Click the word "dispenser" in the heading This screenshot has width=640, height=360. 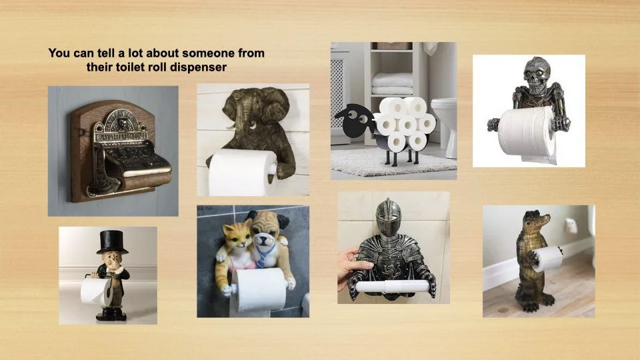click(198, 67)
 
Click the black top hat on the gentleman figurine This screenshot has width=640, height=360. click(111, 241)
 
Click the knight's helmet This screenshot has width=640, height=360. click(388, 217)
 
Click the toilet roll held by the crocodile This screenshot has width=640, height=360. click(547, 259)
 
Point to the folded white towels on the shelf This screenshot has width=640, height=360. click(392, 84)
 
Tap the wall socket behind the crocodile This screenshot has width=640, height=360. click(571, 226)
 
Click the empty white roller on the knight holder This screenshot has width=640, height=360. click(393, 286)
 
